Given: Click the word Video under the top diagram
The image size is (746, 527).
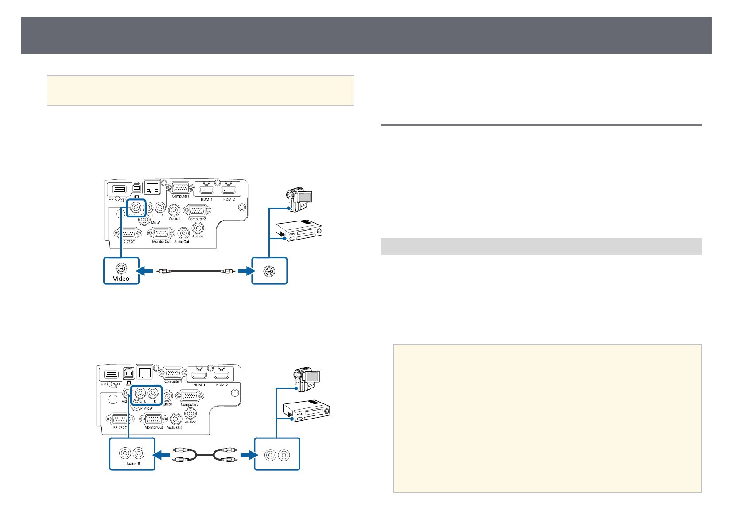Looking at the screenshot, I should click(121, 279).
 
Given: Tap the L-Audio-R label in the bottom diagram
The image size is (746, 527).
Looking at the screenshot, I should click(132, 464).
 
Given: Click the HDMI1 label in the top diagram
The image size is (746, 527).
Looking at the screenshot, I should click(206, 199).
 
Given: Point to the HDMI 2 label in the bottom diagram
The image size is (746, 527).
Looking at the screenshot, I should click(221, 385).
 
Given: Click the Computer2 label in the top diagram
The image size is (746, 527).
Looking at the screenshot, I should click(197, 219).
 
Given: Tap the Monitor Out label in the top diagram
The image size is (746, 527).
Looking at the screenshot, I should click(161, 242).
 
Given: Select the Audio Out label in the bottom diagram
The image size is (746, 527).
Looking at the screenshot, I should click(174, 427).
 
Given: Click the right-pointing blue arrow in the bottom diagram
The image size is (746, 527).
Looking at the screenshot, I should click(247, 454).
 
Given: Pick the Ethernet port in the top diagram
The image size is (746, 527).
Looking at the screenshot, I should click(152, 188).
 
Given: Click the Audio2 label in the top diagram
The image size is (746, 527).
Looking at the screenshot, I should click(198, 236).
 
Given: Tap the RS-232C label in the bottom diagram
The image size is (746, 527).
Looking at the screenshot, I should click(120, 428).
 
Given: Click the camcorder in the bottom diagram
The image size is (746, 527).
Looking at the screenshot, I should click(306, 380).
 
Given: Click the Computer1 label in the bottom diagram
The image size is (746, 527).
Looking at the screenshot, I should click(173, 381).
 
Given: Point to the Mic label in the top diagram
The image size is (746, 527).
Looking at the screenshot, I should click(155, 223).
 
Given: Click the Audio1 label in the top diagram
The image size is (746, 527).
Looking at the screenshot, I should click(174, 218).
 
